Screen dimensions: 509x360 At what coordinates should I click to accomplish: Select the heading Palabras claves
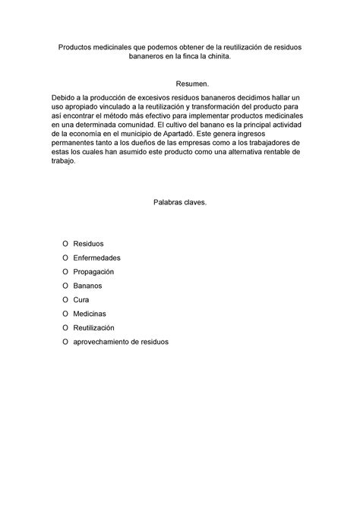[x=180, y=203]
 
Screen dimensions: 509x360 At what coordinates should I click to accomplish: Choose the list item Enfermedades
[x=96, y=258]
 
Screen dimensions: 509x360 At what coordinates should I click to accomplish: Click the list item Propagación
[x=93, y=271]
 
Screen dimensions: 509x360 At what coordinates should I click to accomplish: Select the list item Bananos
[x=87, y=286]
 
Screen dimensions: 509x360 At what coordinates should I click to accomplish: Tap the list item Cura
[x=81, y=299]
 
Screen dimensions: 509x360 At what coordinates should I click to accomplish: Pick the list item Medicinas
[x=90, y=313]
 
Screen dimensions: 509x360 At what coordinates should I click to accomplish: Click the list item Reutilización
[x=93, y=327]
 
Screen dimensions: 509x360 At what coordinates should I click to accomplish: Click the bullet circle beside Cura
[x=64, y=299]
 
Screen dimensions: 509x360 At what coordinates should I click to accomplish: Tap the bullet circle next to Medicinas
[x=64, y=313]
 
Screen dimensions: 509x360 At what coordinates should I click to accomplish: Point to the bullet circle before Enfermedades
[x=64, y=258]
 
